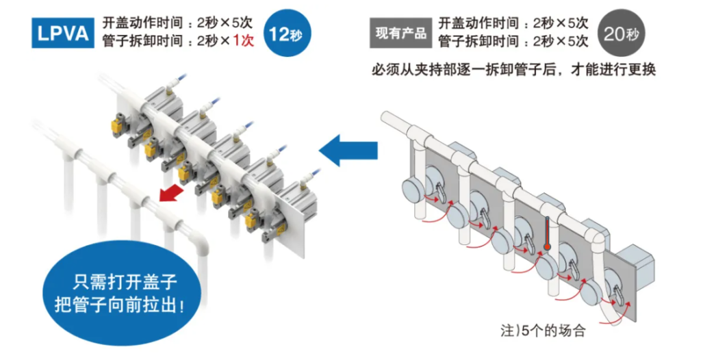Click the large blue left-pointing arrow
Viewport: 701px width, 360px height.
(348, 149)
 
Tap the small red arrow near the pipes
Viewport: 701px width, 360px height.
(171, 194)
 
